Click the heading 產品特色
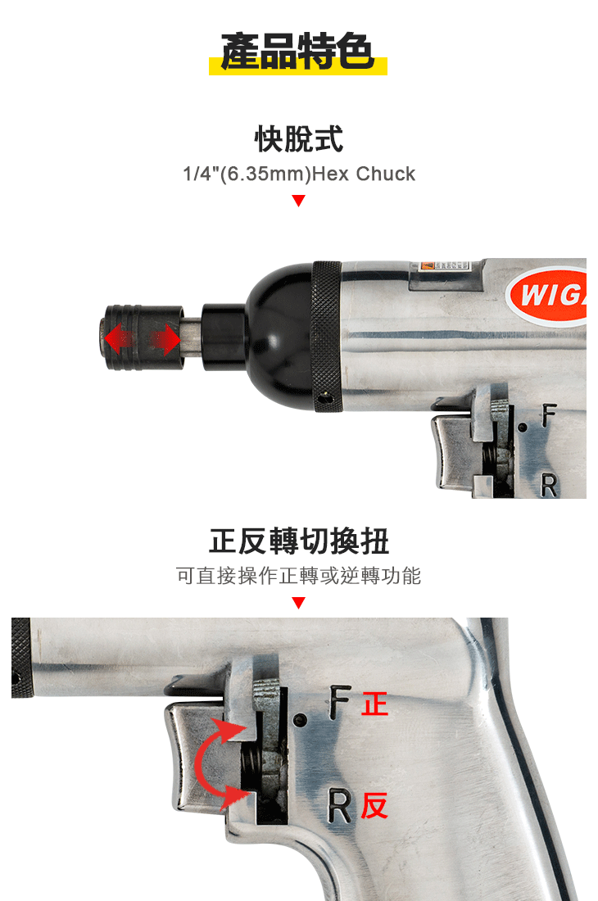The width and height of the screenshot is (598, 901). click(x=298, y=53)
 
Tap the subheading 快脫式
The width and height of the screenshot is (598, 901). click(x=298, y=138)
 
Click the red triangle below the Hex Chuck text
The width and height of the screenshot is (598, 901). click(x=298, y=201)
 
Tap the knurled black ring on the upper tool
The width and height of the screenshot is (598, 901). click(x=327, y=336)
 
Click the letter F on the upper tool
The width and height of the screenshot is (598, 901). click(x=549, y=417)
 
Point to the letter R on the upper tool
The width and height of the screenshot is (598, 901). click(x=549, y=486)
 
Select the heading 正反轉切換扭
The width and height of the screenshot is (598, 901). click(x=298, y=541)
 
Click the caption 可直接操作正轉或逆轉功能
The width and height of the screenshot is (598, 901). click(x=298, y=576)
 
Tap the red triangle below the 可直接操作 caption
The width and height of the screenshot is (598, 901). click(x=298, y=603)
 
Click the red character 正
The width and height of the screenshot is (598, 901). click(x=374, y=704)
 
